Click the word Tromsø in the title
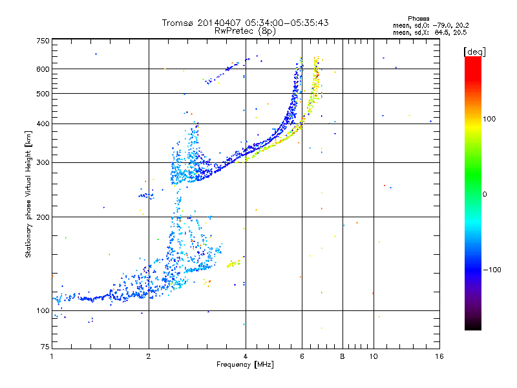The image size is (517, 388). [178, 23]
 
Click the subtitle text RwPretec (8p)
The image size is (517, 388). [245, 31]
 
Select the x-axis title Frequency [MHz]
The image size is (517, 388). [245, 365]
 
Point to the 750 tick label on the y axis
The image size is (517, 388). [43, 41]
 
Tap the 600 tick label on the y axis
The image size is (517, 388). [43, 69]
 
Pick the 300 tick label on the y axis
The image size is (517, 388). [43, 162]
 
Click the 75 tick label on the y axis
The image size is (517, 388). [45, 347]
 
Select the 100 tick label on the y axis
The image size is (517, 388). [43, 310]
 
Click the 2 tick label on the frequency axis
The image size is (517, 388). [149, 356]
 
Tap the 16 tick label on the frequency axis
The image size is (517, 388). [439, 356]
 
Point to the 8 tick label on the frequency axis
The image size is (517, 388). [343, 356]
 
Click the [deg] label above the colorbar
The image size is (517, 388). [474, 52]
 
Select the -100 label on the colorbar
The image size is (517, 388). [492, 270]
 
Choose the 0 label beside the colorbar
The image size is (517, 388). [485, 195]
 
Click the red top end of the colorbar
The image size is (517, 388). [473, 59]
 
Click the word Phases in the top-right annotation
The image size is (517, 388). [418, 19]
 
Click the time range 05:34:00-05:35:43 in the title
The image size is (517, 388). [287, 23]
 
